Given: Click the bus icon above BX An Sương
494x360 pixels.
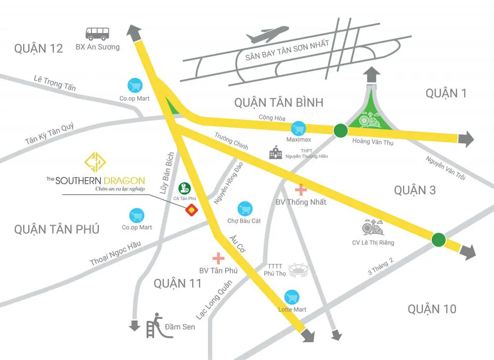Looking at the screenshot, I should (97, 33).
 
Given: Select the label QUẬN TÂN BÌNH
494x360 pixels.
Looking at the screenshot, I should (279, 102).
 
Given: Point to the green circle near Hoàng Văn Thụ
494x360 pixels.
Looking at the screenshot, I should (340, 130).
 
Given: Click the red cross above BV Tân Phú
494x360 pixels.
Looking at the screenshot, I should (218, 258).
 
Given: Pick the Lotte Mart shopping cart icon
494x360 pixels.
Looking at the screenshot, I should (292, 297).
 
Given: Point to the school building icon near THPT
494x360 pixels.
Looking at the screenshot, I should (275, 154).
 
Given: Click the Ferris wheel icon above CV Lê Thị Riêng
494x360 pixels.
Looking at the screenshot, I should (373, 228).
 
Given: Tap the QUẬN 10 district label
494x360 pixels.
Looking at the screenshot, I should (432, 309).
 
